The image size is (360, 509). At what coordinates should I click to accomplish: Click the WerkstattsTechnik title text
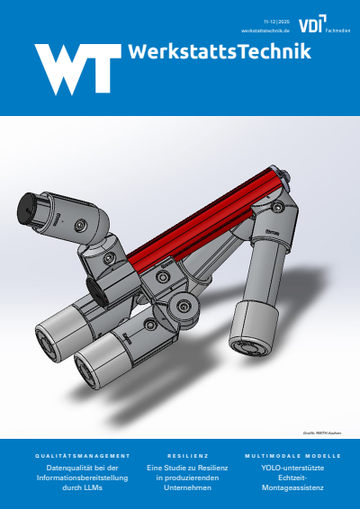point(220,52)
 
